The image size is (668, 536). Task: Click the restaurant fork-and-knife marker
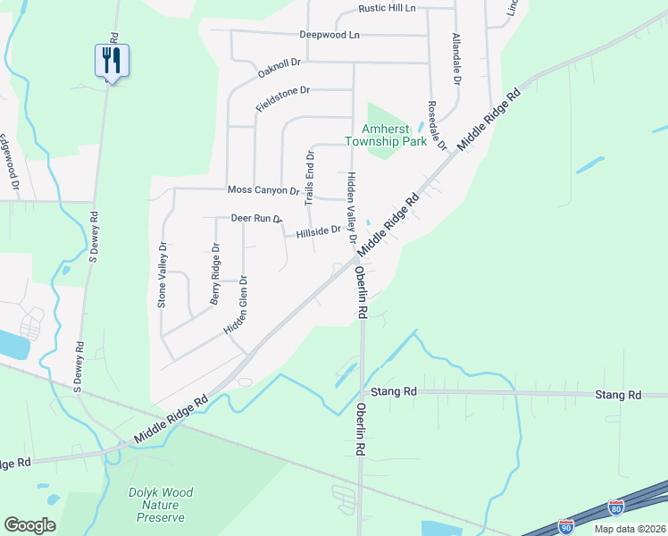point(112,61)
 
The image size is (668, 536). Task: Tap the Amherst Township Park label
point(386,136)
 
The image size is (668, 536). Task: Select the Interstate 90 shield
point(566,526)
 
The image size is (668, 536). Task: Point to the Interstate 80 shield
point(616,508)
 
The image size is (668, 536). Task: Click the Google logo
point(29,525)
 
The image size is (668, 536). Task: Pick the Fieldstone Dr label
point(282,97)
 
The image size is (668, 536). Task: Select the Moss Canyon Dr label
point(263,190)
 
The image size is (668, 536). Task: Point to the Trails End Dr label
point(311,178)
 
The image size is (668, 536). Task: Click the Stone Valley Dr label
point(163,275)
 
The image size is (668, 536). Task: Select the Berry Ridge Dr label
point(215,274)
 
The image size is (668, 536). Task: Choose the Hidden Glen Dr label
point(236,305)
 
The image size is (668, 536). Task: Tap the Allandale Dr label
point(456,59)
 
